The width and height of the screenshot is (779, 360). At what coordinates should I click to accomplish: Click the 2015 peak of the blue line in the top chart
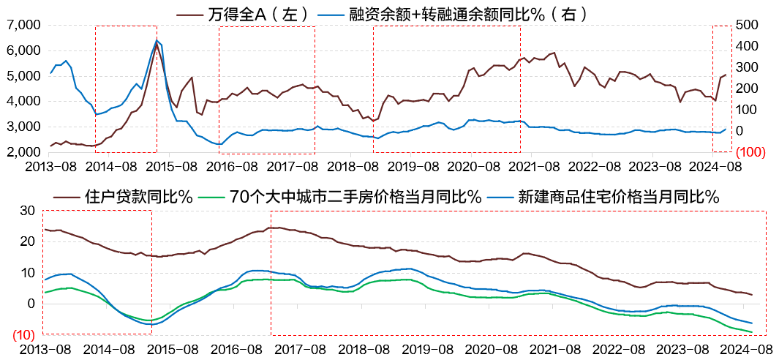(157, 40)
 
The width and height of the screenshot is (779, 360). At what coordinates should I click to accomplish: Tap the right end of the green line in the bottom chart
(752, 332)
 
